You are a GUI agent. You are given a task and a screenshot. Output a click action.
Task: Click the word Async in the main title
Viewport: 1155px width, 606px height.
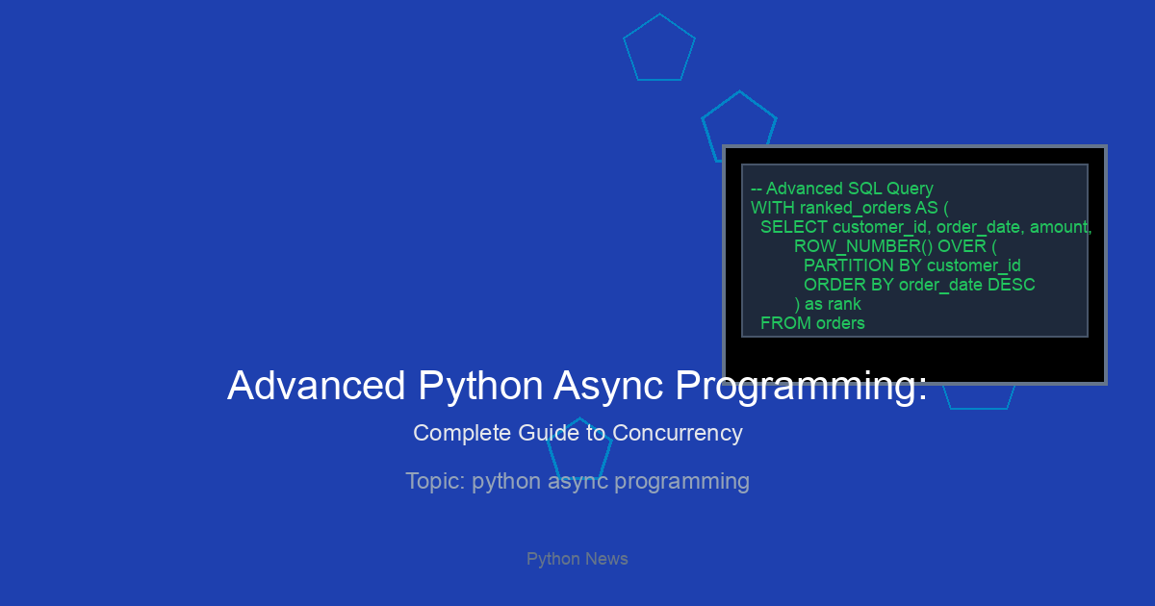tap(608, 387)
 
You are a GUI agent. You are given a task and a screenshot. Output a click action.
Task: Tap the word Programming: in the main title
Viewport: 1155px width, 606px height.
tap(801, 387)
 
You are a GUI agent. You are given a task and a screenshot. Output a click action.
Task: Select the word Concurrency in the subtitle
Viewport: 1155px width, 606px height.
tap(678, 434)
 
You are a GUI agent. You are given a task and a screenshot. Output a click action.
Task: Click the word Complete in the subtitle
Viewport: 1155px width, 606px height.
tap(462, 434)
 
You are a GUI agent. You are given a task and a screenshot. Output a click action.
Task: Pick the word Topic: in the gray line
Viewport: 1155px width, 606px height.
tap(436, 481)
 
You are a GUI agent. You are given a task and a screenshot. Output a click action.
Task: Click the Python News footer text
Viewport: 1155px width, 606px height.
tap(577, 559)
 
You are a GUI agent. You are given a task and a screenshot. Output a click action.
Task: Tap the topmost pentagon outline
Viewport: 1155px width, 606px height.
tap(659, 14)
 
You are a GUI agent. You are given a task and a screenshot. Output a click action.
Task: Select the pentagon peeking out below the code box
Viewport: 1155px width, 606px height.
tap(978, 409)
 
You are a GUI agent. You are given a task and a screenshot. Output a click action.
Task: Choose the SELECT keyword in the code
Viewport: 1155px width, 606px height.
tap(794, 227)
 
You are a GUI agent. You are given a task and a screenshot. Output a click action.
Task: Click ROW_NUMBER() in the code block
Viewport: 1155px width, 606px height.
tap(863, 247)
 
